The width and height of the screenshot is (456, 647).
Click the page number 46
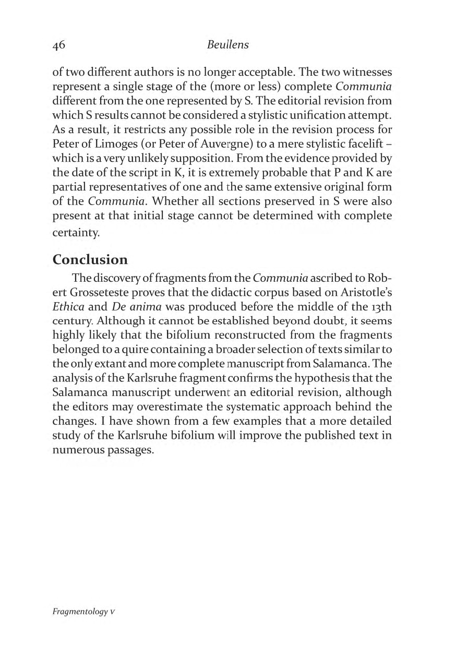(58, 45)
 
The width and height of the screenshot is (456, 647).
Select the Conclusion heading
(90, 259)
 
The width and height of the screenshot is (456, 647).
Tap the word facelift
(370, 143)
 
